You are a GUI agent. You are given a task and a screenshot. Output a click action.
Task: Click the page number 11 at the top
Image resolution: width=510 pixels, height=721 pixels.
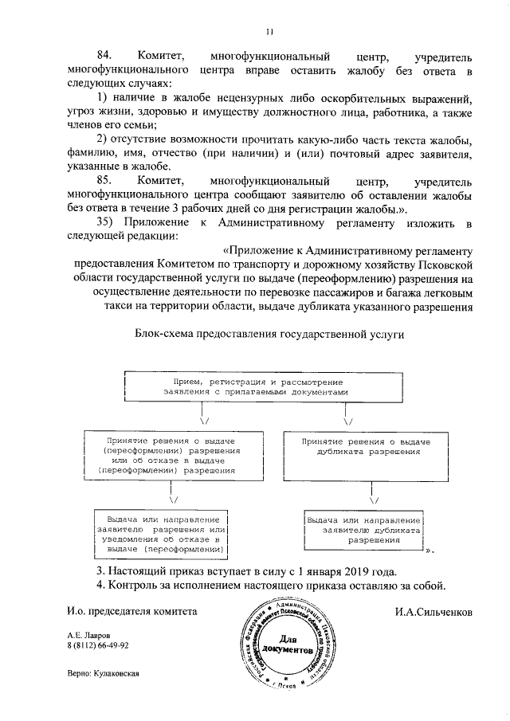tap(270, 32)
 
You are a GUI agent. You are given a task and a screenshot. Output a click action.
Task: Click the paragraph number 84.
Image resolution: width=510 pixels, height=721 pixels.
tap(106, 58)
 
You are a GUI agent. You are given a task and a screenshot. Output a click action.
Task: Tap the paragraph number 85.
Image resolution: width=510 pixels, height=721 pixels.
tap(106, 181)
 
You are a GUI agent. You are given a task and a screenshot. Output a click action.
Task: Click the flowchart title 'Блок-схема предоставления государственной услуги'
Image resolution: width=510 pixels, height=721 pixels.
tap(270, 335)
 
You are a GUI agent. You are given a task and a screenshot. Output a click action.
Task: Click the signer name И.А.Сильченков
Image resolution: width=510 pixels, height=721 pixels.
tap(433, 612)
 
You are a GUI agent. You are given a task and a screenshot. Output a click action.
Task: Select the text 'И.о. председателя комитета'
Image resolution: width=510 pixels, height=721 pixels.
tap(131, 612)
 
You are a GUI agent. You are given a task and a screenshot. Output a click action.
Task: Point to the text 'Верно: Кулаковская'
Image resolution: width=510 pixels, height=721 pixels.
tap(104, 673)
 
